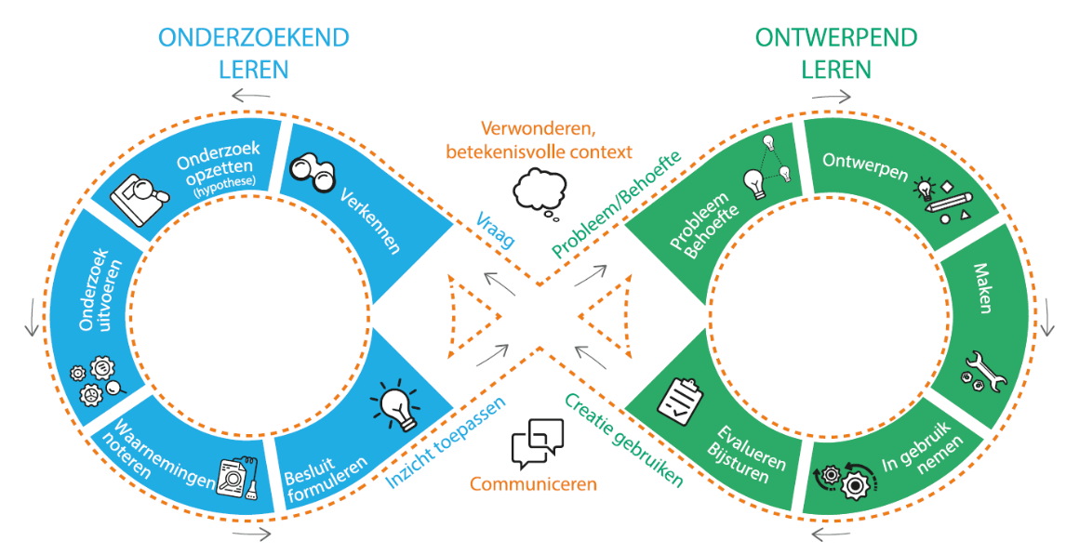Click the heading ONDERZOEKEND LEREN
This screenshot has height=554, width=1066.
(x=253, y=53)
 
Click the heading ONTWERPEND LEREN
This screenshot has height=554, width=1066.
(x=835, y=53)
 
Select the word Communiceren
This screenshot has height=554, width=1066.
(x=533, y=483)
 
